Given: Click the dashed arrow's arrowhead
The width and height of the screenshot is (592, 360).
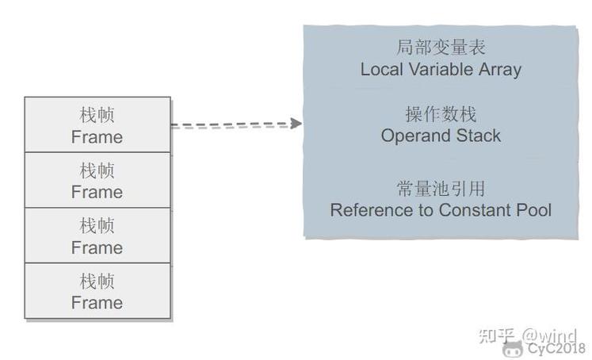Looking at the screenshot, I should pyautogui.click(x=296, y=124).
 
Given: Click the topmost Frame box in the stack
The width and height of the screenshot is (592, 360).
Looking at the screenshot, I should pyautogui.click(x=97, y=124).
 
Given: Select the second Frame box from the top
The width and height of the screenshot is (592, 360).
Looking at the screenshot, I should pyautogui.click(x=97, y=180).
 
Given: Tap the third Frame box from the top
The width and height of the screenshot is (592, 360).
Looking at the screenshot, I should pyautogui.click(x=97, y=236).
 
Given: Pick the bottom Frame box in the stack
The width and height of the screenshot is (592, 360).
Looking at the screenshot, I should pyautogui.click(x=97, y=291).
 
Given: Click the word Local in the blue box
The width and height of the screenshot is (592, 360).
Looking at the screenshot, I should pyautogui.click(x=380, y=69).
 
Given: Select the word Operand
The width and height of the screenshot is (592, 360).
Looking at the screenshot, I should pyautogui.click(x=414, y=136).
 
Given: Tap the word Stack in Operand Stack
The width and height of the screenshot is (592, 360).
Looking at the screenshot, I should pyautogui.click(x=476, y=136).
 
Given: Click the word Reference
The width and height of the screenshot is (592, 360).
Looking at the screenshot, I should pyautogui.click(x=367, y=210).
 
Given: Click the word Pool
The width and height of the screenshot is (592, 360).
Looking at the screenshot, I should pyautogui.click(x=533, y=210).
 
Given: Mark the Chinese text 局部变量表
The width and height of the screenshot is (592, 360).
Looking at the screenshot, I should pyautogui.click(x=441, y=48).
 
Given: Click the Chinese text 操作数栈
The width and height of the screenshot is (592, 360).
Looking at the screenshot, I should pyautogui.click(x=441, y=114).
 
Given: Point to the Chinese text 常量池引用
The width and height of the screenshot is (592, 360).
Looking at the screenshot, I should pyautogui.click(x=441, y=189).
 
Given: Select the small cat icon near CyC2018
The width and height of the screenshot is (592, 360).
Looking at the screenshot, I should pyautogui.click(x=512, y=348).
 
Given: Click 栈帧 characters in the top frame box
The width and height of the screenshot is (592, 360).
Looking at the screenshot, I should pyautogui.click(x=97, y=115).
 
